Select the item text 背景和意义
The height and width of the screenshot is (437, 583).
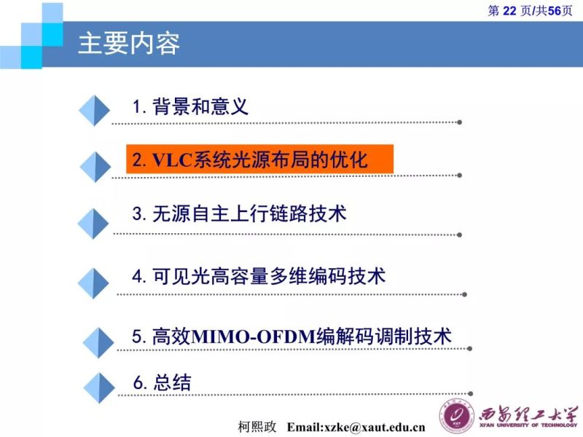tap(200, 107)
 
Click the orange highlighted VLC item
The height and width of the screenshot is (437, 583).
tap(259, 160)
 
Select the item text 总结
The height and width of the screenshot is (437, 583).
tap(172, 382)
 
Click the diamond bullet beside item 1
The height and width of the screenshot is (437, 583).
tap(94, 109)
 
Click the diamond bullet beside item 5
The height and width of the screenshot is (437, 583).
tap(98, 341)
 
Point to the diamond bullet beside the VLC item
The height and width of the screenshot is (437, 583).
tap(94, 167)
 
